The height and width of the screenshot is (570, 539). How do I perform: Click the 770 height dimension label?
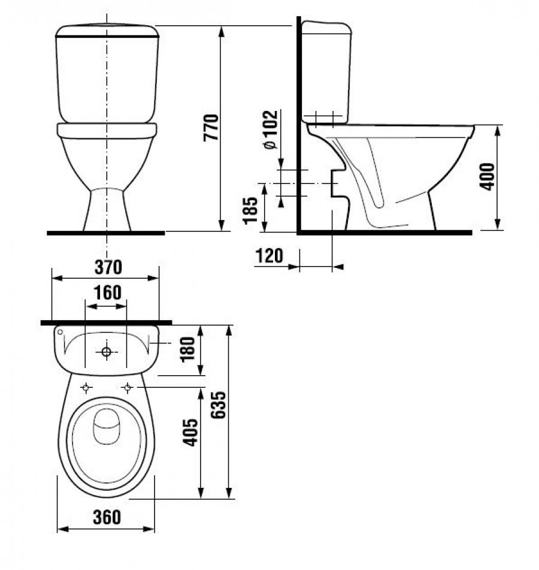coord(212,128)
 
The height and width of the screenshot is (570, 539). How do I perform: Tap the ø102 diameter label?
coord(271,129)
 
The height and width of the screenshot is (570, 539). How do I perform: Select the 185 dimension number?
coord(250,210)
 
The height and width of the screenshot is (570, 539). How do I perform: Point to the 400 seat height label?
coord(487,177)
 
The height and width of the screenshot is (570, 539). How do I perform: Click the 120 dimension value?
coord(269,255)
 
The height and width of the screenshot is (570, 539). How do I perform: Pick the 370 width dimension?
coord(108,267)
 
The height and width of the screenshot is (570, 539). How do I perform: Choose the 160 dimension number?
coord(108,293)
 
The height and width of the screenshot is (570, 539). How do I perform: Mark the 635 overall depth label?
coord(219,405)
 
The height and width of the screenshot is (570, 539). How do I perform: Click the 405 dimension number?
coord(190,433)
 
